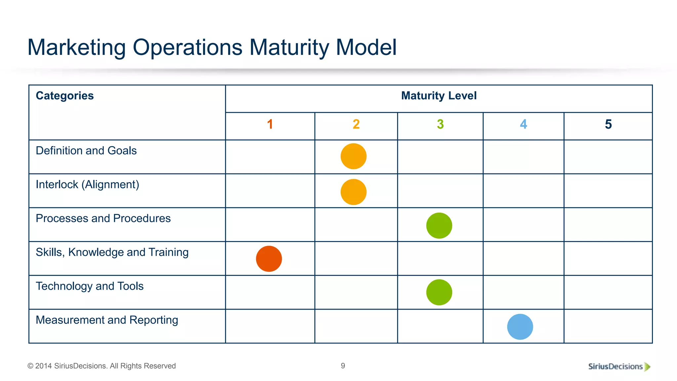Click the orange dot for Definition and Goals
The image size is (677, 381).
(353, 156)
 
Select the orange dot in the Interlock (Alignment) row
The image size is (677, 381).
(353, 192)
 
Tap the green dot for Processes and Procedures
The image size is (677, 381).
(439, 226)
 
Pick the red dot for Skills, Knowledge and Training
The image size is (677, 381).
(269, 259)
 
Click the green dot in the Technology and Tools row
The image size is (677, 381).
(439, 292)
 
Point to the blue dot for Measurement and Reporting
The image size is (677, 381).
(520, 327)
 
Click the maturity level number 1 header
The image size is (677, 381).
(270, 124)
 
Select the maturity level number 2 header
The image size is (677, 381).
(356, 124)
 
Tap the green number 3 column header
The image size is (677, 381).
(440, 124)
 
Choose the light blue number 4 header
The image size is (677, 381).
(523, 124)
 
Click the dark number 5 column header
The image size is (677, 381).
(608, 124)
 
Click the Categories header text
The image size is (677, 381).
(65, 96)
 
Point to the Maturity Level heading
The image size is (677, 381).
(439, 96)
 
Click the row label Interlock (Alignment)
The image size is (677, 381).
(87, 185)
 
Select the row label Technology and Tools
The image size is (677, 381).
(90, 286)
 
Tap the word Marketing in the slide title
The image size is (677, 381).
(76, 47)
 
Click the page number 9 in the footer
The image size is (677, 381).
(343, 366)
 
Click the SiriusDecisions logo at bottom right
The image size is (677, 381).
(619, 366)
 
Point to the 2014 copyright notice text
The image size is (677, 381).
(101, 366)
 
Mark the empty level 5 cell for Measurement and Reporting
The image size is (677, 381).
(608, 326)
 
